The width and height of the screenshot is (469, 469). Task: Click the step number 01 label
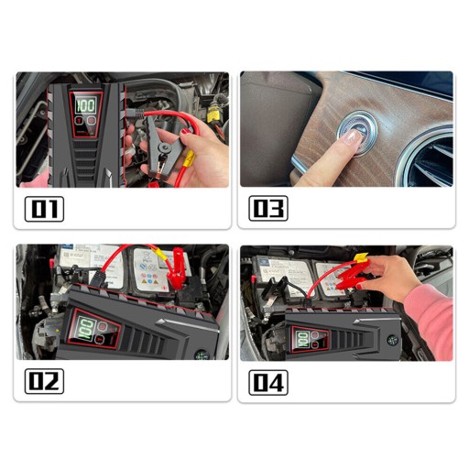pos(44,209)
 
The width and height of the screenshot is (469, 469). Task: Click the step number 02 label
pos(44,381)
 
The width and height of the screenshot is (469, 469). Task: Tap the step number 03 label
pos(268,208)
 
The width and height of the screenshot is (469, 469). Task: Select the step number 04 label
pos(268,383)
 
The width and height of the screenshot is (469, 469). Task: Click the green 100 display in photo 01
pos(86,105)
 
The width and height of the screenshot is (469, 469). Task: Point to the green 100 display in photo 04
pos(303,339)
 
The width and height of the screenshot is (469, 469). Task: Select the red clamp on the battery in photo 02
pos(175,267)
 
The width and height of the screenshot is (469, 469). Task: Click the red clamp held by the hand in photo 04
pos(351,277)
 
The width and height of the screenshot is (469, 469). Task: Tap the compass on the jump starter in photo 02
pos(202,355)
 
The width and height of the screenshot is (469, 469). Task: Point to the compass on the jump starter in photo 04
pos(392,340)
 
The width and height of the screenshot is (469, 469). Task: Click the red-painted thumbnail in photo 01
pos(186,132)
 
